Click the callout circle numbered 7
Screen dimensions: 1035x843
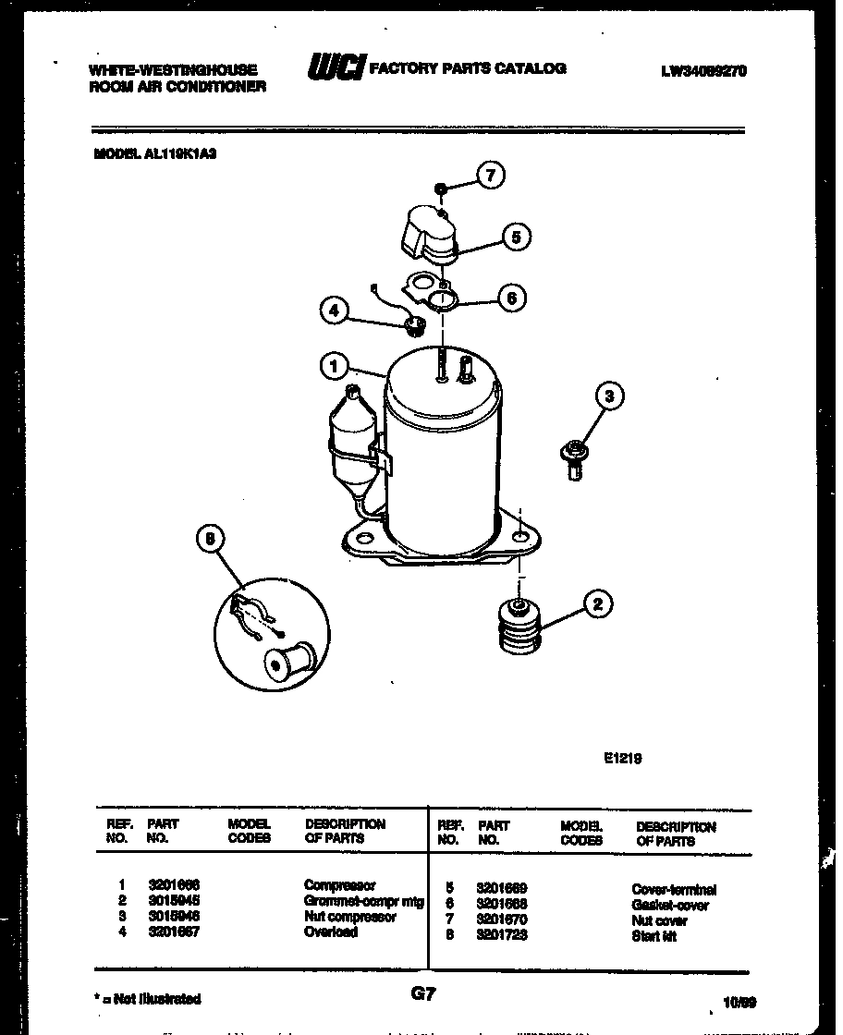(x=491, y=175)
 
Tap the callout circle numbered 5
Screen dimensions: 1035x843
(x=516, y=237)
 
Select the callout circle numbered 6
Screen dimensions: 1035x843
(x=511, y=298)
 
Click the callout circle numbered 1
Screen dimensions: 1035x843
(x=334, y=367)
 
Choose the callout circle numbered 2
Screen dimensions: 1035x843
(x=597, y=605)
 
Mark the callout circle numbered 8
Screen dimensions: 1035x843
(x=211, y=540)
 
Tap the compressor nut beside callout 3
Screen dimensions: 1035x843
(x=571, y=457)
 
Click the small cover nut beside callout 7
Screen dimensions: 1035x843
(x=443, y=189)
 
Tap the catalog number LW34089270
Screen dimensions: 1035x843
(x=703, y=69)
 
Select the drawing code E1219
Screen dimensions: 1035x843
(x=622, y=758)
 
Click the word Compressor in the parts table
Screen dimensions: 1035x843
(x=339, y=884)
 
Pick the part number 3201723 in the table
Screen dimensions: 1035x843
(x=501, y=935)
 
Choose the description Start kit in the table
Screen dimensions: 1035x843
(x=654, y=936)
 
